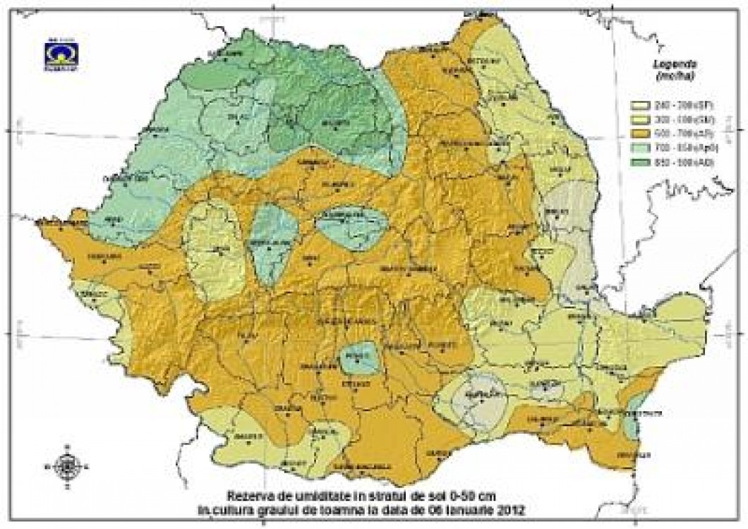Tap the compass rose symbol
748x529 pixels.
pos(67,465)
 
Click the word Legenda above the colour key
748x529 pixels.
pos(668,62)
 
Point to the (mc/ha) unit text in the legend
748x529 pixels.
pos(666,75)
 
